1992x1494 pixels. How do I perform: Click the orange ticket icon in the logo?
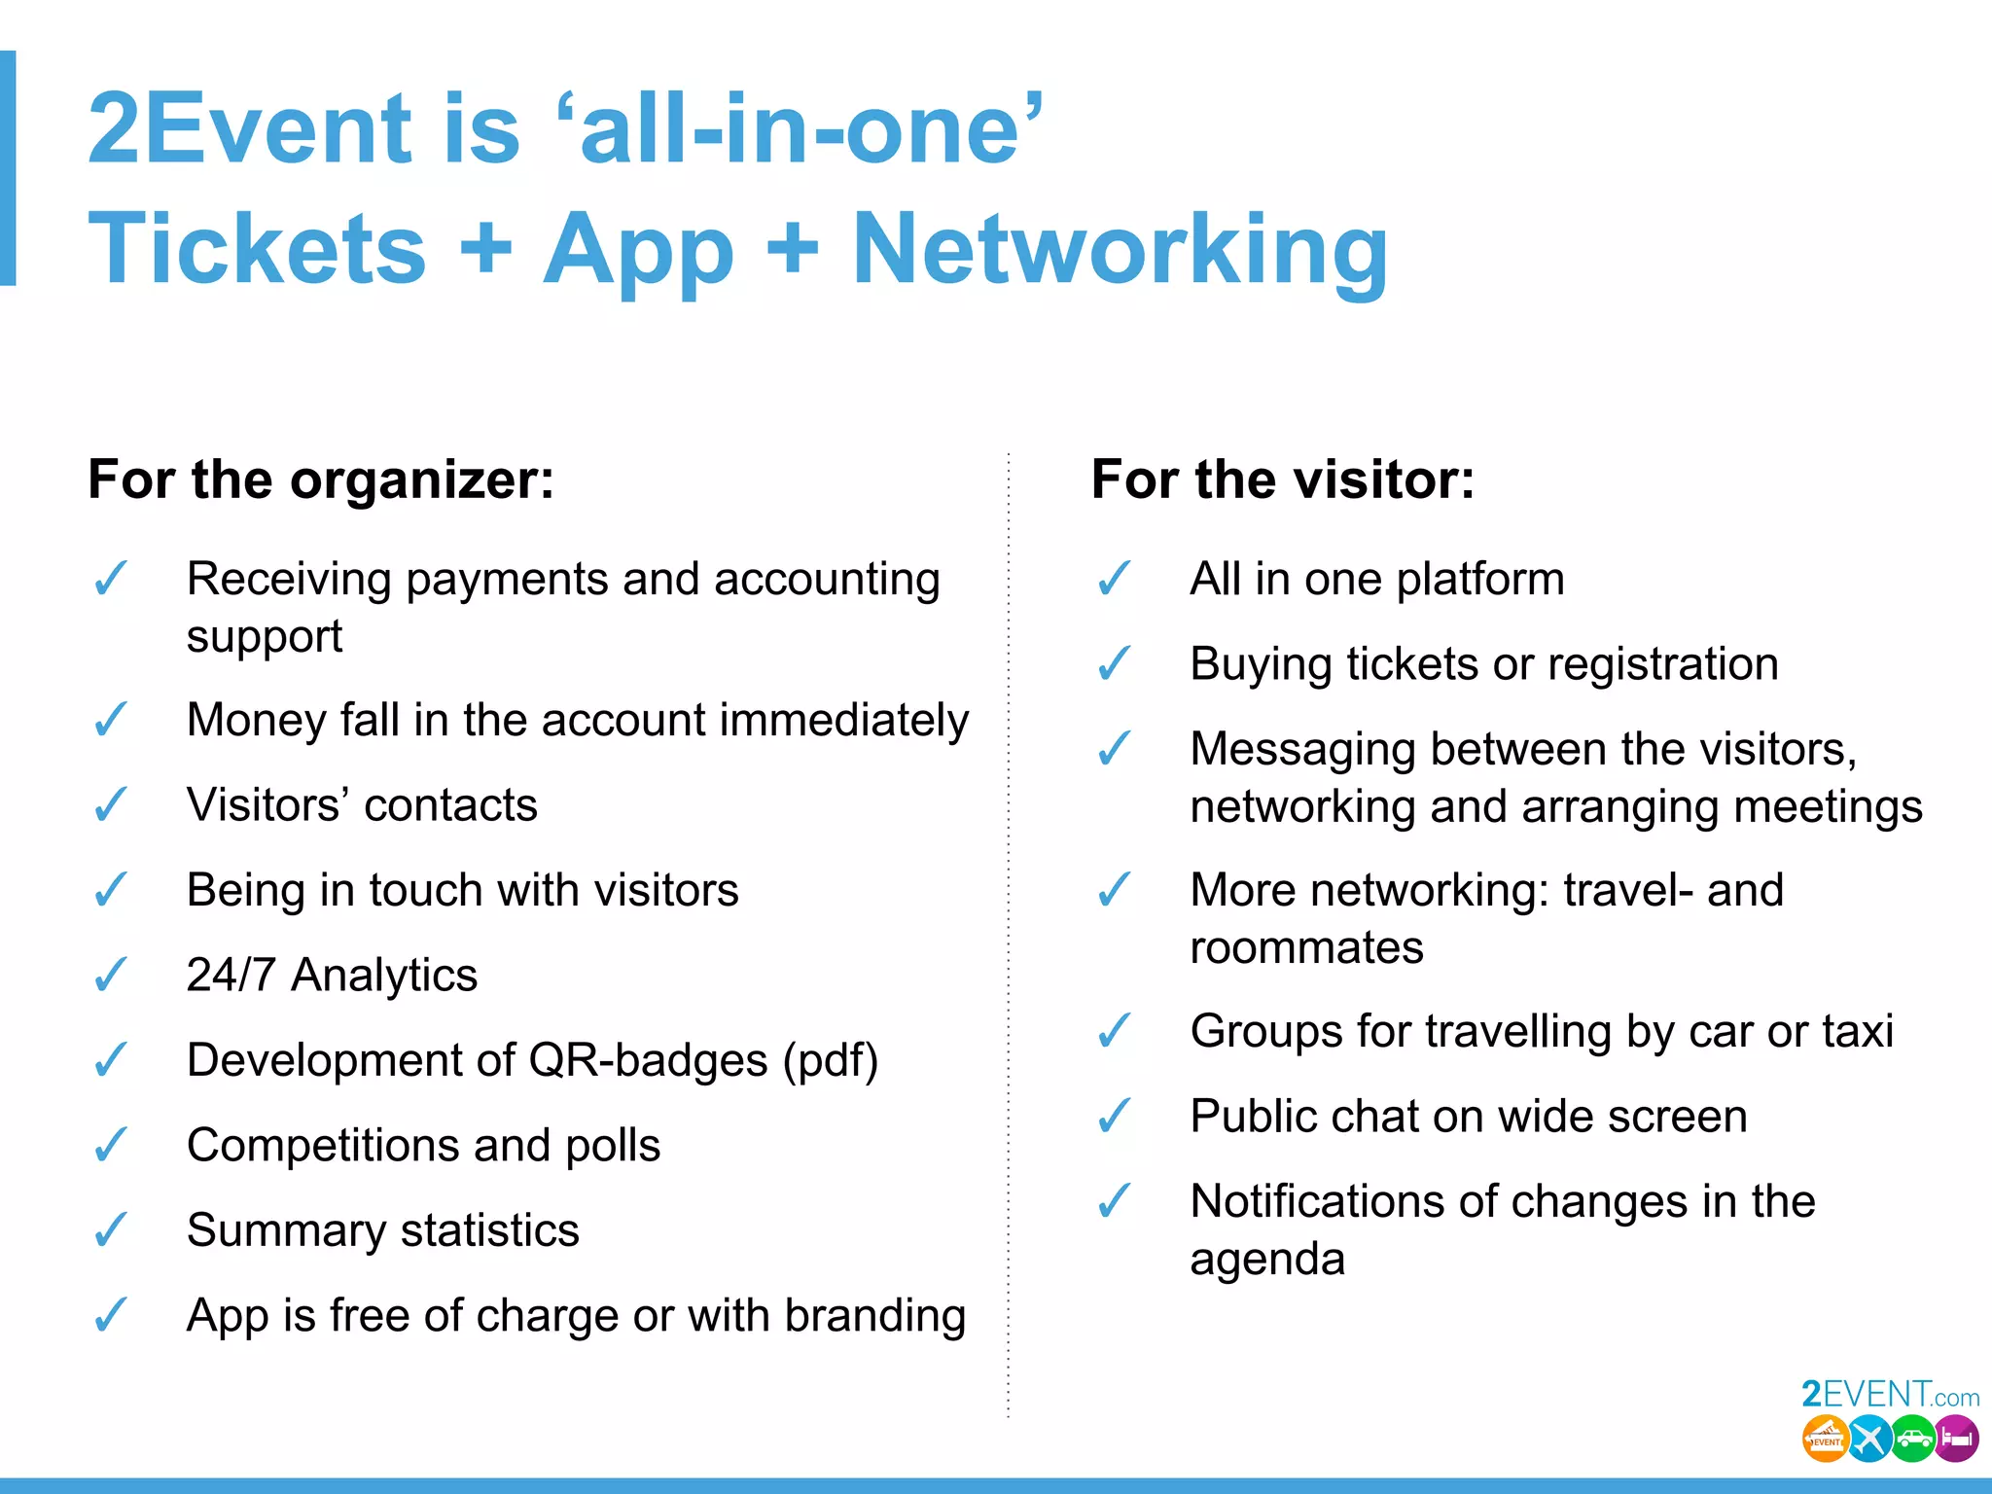[x=1826, y=1439]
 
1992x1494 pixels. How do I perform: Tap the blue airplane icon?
[x=1869, y=1439]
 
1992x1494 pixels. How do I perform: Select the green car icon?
[x=1913, y=1439]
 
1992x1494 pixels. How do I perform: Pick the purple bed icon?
[x=1956, y=1439]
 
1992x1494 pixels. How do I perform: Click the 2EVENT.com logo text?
[x=1890, y=1395]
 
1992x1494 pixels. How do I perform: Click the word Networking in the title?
[x=1120, y=250]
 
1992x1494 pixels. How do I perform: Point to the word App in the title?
[x=638, y=250]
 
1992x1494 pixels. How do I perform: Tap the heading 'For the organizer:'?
[x=321, y=480]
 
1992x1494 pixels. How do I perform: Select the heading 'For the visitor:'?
[x=1283, y=480]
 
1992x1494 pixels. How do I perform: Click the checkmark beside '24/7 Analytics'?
[x=111, y=974]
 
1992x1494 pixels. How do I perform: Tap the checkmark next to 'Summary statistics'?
[x=111, y=1229]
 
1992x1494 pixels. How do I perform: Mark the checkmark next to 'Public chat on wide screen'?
[x=1115, y=1116]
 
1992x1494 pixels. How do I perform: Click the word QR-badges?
[x=648, y=1060]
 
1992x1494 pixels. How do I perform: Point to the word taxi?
[x=1859, y=1031]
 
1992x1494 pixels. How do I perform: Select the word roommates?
[x=1306, y=947]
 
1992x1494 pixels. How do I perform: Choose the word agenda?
[x=1267, y=1260]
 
